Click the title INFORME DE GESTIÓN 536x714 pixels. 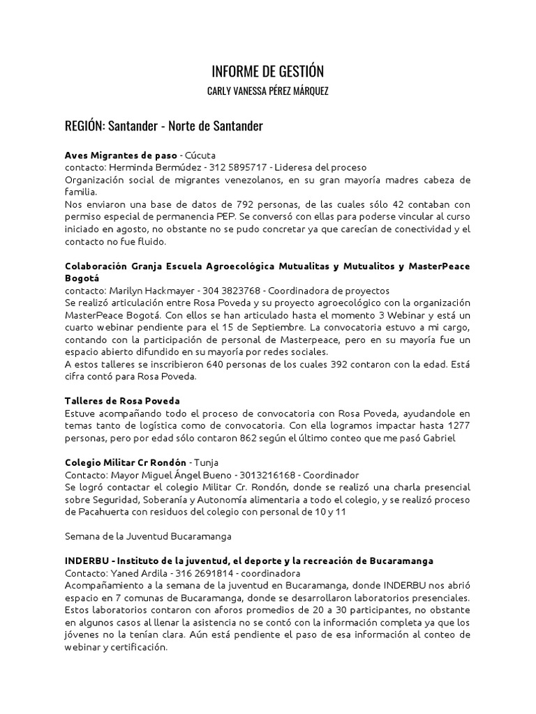(x=268, y=71)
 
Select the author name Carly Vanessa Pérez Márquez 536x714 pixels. (x=268, y=92)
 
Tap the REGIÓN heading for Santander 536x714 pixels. (x=163, y=126)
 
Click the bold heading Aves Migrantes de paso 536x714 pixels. (x=121, y=155)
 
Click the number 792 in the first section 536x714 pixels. (x=216, y=204)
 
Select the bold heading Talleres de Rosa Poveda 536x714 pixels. (x=122, y=401)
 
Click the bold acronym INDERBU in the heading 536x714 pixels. (x=88, y=561)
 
